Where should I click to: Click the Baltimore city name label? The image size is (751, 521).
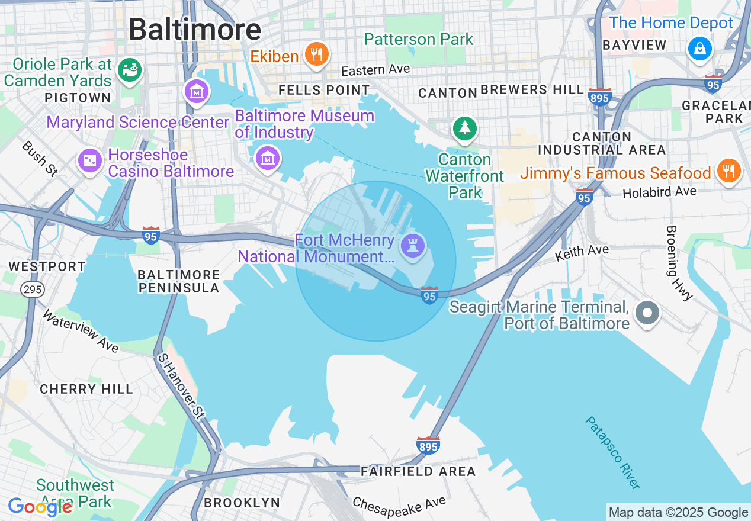pyautogui.click(x=195, y=29)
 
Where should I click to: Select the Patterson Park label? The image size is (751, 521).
pyautogui.click(x=418, y=40)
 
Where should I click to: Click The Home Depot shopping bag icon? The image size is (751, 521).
pyautogui.click(x=699, y=48)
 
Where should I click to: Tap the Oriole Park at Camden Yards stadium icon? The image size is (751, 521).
pyautogui.click(x=130, y=70)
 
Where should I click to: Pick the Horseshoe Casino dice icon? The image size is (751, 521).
pyautogui.click(x=90, y=160)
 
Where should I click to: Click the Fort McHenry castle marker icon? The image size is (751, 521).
pyautogui.click(x=412, y=246)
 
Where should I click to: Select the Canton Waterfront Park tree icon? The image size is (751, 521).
pyautogui.click(x=464, y=128)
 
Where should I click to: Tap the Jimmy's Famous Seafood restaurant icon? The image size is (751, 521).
pyautogui.click(x=728, y=171)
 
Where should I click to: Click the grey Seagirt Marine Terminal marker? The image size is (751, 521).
pyautogui.click(x=647, y=312)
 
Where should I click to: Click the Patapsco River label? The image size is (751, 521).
pyautogui.click(x=612, y=452)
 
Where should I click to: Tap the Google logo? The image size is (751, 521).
pyautogui.click(x=40, y=507)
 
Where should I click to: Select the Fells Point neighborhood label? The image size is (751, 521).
pyautogui.click(x=324, y=91)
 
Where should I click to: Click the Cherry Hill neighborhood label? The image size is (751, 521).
pyautogui.click(x=86, y=389)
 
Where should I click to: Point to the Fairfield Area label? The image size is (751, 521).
pyautogui.click(x=418, y=471)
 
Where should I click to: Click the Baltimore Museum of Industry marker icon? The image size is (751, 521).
pyautogui.click(x=268, y=158)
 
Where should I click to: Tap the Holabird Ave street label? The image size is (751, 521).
pyautogui.click(x=659, y=192)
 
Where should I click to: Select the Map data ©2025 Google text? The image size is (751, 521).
pyautogui.click(x=678, y=512)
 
